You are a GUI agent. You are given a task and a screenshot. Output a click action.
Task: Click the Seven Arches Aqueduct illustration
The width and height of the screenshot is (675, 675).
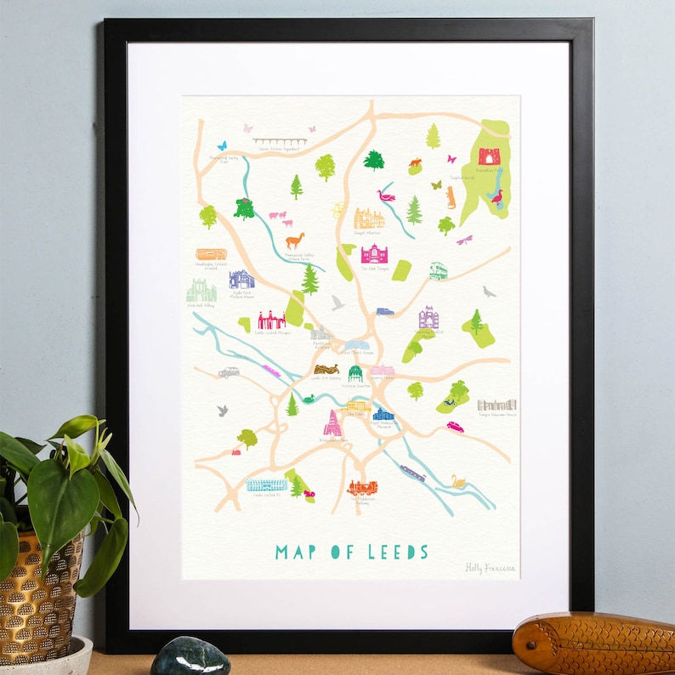pyautogui.click(x=280, y=141)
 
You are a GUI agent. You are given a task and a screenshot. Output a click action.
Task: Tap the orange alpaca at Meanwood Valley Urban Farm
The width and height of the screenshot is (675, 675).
pyautogui.click(x=294, y=241)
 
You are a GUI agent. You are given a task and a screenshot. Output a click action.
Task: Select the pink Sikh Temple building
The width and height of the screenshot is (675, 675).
pyautogui.click(x=374, y=254)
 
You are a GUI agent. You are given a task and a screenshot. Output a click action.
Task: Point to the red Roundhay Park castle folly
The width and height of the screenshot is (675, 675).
pyautogui.click(x=489, y=156)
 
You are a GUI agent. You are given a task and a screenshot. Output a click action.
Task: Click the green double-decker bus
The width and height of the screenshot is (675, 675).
pyautogui.click(x=438, y=270)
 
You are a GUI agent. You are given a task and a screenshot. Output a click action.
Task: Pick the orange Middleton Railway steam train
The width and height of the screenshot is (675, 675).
pyautogui.click(x=361, y=488)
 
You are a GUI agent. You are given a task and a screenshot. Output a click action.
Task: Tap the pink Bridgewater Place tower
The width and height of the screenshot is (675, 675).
pyautogui.click(x=331, y=423)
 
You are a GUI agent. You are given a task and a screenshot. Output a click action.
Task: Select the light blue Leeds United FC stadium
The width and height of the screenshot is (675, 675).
pyautogui.click(x=266, y=485)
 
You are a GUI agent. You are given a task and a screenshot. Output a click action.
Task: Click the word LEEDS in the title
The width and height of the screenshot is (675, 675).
pyautogui.click(x=398, y=552)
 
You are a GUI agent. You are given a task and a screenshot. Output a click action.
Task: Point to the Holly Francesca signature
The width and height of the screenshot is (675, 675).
pyautogui.click(x=491, y=568)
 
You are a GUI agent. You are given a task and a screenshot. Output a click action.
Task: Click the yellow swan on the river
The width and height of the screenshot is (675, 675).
pyautogui.click(x=459, y=482)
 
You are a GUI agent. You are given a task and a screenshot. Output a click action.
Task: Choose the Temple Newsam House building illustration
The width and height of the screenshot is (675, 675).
pyautogui.click(x=496, y=405)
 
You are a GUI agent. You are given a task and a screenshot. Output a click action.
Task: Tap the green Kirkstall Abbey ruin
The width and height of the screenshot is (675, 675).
pyautogui.click(x=201, y=292)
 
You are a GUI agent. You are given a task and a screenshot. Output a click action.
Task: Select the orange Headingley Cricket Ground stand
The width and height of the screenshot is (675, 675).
pyautogui.click(x=211, y=253)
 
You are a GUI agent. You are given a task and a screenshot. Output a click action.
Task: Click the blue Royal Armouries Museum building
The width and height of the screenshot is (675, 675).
pyautogui.click(x=383, y=414)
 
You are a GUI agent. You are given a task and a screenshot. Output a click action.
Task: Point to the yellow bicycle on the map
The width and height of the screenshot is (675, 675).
pyautogui.click(x=338, y=207)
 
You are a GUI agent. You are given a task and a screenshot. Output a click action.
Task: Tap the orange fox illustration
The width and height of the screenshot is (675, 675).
pyautogui.click(x=416, y=162)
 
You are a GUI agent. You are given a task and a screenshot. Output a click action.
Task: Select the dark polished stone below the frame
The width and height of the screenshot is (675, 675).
pyautogui.click(x=190, y=658)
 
